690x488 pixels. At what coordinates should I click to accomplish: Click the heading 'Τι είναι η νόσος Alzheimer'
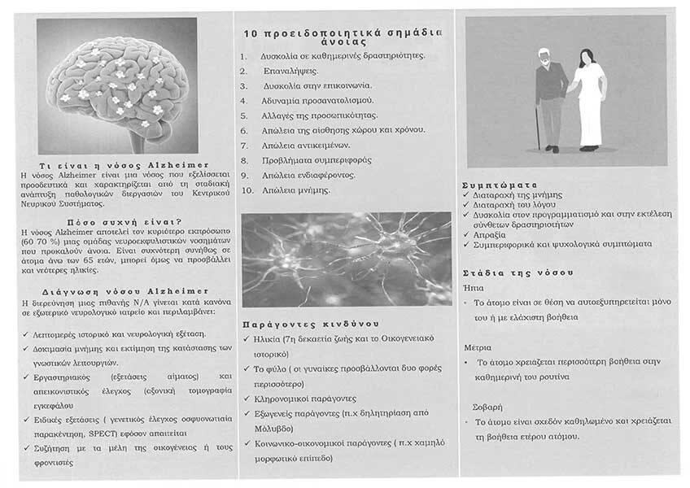click(x=119, y=165)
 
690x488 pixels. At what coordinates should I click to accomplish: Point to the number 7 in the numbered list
click(x=243, y=145)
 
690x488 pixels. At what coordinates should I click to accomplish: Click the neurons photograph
click(x=346, y=258)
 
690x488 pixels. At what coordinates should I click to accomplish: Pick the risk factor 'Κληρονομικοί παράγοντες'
click(x=308, y=399)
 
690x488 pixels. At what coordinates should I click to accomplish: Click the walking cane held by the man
click(x=538, y=127)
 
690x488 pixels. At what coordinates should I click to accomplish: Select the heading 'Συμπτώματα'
click(x=499, y=185)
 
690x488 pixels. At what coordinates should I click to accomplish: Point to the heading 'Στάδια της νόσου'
click(x=517, y=272)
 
